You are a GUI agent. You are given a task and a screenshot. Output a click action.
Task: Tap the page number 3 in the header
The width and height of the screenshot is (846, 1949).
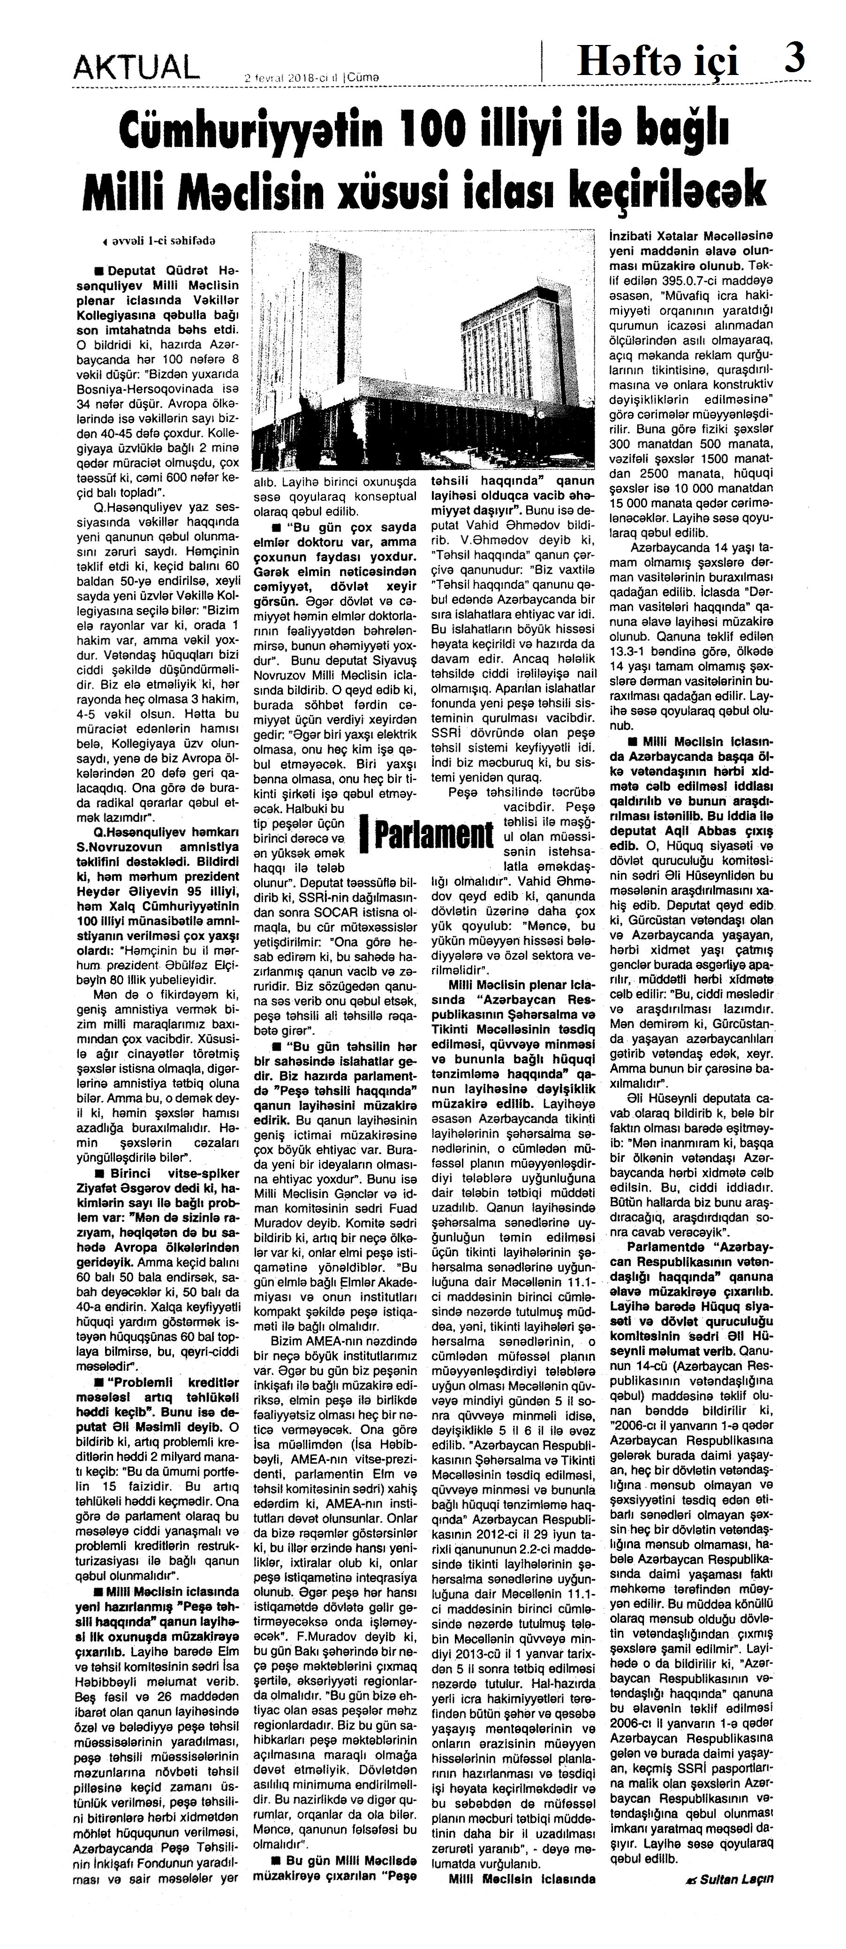point(794,59)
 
